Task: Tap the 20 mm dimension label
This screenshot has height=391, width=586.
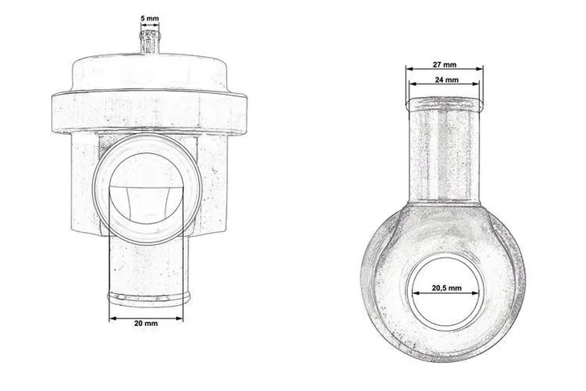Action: pyautogui.click(x=146, y=324)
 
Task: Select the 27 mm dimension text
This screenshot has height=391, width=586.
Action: pyautogui.click(x=446, y=63)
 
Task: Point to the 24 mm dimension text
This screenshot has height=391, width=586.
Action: pyautogui.click(x=446, y=80)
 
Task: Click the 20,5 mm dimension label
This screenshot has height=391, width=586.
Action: pyautogui.click(x=446, y=287)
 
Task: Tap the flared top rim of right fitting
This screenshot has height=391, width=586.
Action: pyautogui.click(x=446, y=102)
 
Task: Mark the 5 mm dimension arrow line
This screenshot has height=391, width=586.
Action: pyautogui.click(x=149, y=25)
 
